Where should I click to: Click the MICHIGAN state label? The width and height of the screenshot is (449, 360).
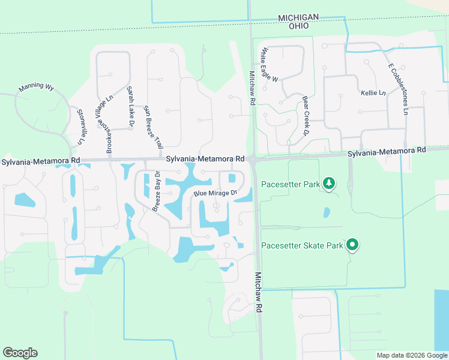click(298, 19)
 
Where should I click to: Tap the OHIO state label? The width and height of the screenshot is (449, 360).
click(298, 26)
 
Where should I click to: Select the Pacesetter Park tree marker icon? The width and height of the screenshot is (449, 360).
click(328, 184)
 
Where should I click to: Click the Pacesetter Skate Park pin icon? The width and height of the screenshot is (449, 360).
click(353, 245)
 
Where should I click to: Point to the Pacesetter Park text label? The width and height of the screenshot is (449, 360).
click(291, 184)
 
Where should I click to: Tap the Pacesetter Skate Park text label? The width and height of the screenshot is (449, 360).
click(302, 245)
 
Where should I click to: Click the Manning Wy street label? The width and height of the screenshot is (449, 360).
click(36, 87)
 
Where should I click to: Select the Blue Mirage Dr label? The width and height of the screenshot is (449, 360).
click(215, 193)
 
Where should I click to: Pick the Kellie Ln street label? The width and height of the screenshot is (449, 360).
click(373, 93)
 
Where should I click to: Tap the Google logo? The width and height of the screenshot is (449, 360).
click(20, 353)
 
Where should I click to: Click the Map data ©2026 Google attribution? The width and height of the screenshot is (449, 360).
click(411, 355)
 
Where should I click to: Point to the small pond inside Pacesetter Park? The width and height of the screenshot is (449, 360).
click(327, 212)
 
